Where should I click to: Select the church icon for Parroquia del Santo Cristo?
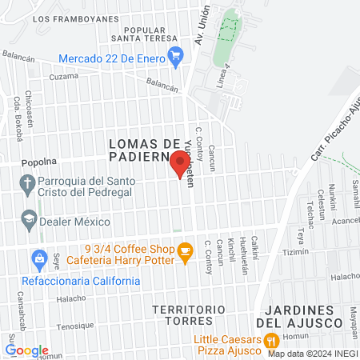pyautogui.click(x=28, y=184)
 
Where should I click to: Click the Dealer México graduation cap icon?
pyautogui.click(x=29, y=218)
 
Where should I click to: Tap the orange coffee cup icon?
pyautogui.click(x=186, y=253)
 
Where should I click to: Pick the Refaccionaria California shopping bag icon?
pyautogui.click(x=38, y=258)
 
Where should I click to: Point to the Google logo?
pyautogui.click(x=27, y=350)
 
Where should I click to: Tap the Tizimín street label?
pyautogui.click(x=317, y=251)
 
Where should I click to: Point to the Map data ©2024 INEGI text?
pyautogui.click(x=312, y=353)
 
